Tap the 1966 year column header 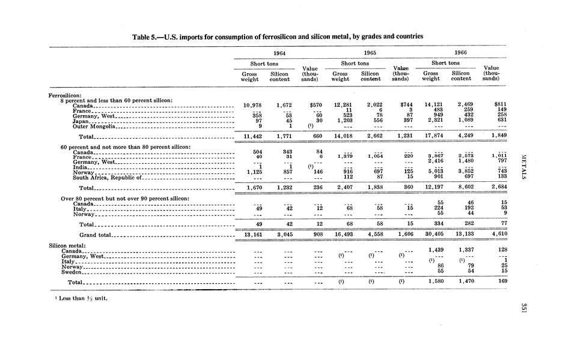460,53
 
